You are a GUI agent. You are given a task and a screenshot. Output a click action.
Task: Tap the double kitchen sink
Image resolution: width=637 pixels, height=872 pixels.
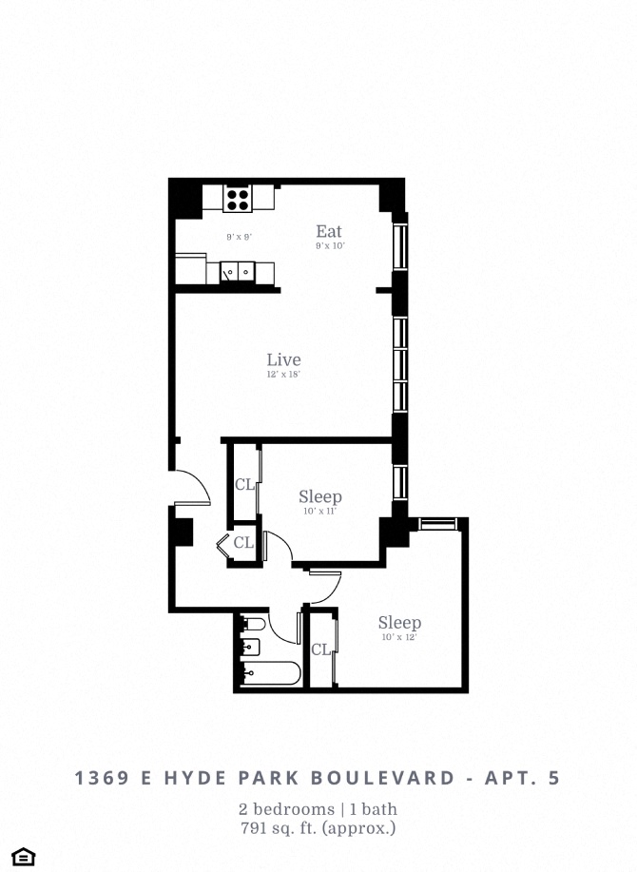pyautogui.click(x=234, y=273)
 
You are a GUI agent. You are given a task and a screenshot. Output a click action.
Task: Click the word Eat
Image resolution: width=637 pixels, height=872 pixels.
pyautogui.click(x=329, y=231)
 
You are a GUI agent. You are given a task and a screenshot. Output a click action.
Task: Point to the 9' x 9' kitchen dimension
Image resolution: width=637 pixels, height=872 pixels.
pyautogui.click(x=239, y=237)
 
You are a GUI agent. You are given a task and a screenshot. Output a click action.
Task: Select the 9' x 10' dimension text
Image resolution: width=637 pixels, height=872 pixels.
pyautogui.click(x=329, y=246)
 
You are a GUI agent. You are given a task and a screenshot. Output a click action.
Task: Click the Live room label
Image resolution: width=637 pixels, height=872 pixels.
pyautogui.click(x=283, y=359)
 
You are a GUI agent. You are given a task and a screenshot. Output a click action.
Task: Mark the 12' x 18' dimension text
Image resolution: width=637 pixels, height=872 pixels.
pyautogui.click(x=283, y=375)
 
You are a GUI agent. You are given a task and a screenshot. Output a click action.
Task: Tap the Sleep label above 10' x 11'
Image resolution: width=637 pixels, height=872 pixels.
pyautogui.click(x=319, y=496)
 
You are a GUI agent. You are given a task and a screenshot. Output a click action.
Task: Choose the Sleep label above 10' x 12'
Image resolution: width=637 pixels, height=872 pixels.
pyautogui.click(x=399, y=623)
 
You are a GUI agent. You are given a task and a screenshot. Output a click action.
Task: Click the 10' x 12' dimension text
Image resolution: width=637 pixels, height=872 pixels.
pyautogui.click(x=399, y=637)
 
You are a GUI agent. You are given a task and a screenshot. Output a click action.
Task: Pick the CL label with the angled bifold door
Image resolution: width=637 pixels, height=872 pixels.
pyautogui.click(x=244, y=543)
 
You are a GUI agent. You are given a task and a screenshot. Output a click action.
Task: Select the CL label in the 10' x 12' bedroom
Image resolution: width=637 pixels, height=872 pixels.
pyautogui.click(x=321, y=649)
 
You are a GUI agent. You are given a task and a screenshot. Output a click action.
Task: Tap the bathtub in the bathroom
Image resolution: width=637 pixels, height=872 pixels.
pyautogui.click(x=272, y=674)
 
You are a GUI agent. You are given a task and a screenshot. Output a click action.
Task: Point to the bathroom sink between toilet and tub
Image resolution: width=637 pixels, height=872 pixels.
pyautogui.click(x=249, y=649)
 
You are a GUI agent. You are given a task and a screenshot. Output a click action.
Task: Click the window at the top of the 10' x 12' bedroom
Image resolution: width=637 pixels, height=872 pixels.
pyautogui.click(x=438, y=523)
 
